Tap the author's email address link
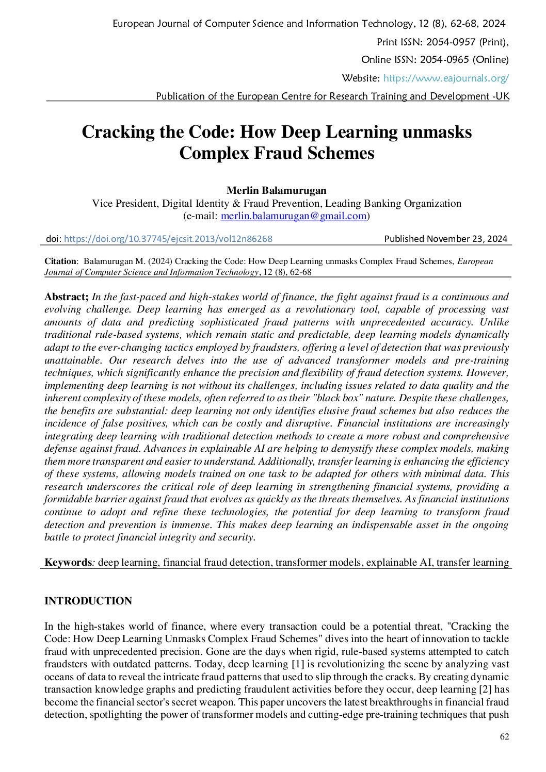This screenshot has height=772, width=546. coord(294,216)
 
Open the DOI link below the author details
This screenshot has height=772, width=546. coord(168,239)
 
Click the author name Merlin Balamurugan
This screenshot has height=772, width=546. coord(277,190)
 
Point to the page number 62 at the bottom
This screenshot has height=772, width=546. coord(504,736)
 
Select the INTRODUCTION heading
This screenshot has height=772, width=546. coord(88,601)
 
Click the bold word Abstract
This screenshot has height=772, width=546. coord(66,297)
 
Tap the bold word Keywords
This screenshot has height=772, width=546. coord(68,562)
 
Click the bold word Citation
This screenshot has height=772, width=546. coord(60,261)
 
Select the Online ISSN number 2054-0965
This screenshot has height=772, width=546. coord(444,60)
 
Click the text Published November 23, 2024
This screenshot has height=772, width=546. coord(445,239)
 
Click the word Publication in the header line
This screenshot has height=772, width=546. coord(181,96)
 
